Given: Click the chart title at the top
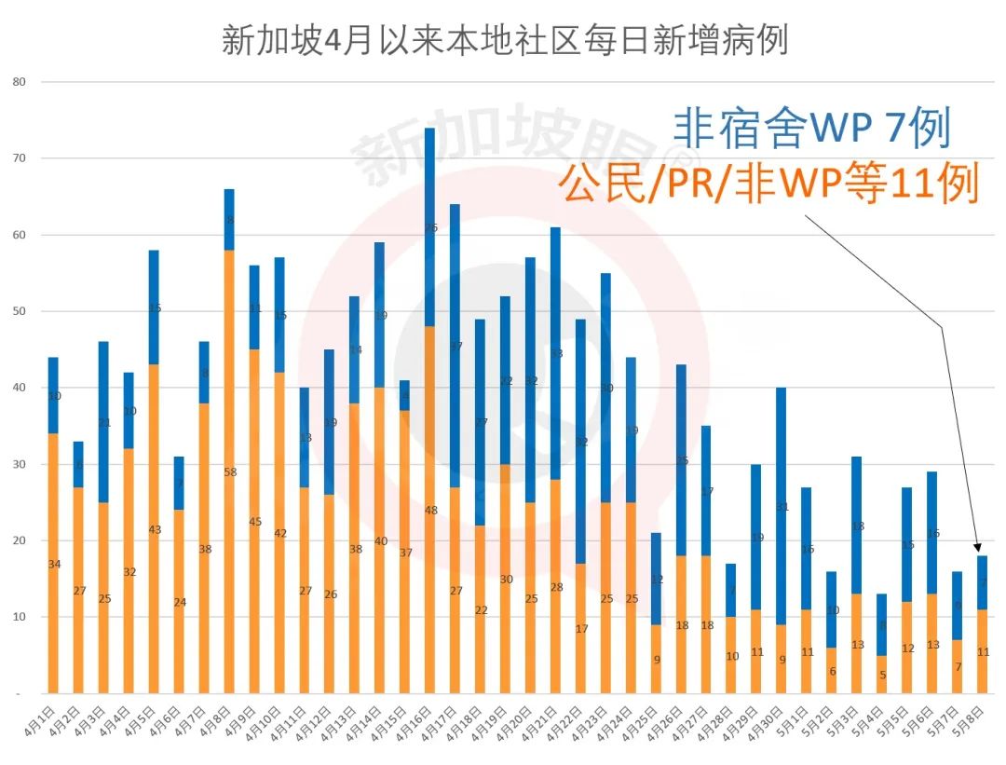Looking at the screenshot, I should [504, 40].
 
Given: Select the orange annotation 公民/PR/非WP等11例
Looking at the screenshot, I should [768, 184].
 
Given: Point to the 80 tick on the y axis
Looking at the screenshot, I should [20, 82].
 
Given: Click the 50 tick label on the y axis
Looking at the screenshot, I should [20, 311].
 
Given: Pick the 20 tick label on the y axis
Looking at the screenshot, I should [20, 540].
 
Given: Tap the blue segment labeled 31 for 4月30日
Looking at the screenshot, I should [782, 506].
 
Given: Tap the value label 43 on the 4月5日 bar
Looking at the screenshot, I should [155, 530].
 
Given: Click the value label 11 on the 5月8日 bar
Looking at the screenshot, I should [983, 652].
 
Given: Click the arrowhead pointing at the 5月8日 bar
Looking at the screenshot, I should [977, 549].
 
